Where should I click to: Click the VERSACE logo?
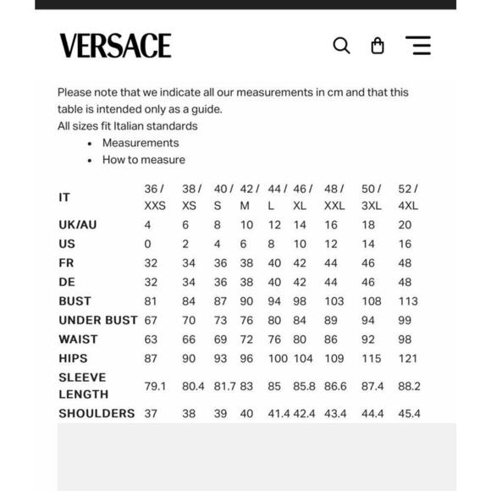click(115, 46)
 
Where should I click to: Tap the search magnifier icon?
click(341, 46)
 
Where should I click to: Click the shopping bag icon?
click(378, 46)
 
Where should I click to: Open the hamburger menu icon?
click(418, 46)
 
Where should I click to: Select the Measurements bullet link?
click(141, 143)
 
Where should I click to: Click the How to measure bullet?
click(144, 160)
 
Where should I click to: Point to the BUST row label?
click(74, 301)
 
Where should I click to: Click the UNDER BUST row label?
click(97, 320)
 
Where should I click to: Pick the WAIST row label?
click(78, 339)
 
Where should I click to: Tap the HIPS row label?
click(73, 359)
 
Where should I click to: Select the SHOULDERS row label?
click(97, 414)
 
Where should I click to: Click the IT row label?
click(64, 197)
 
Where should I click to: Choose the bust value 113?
click(408, 301)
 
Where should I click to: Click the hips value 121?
click(407, 359)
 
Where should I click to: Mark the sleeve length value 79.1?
click(156, 386)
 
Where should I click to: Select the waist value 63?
click(151, 339)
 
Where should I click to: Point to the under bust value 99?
click(405, 320)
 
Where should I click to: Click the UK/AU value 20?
click(405, 225)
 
